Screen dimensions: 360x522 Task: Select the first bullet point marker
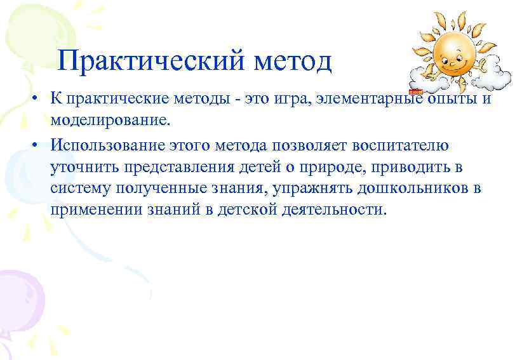tap(39, 100)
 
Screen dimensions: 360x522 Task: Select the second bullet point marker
tap(39, 145)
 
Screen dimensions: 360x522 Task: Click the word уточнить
tap(82, 167)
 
